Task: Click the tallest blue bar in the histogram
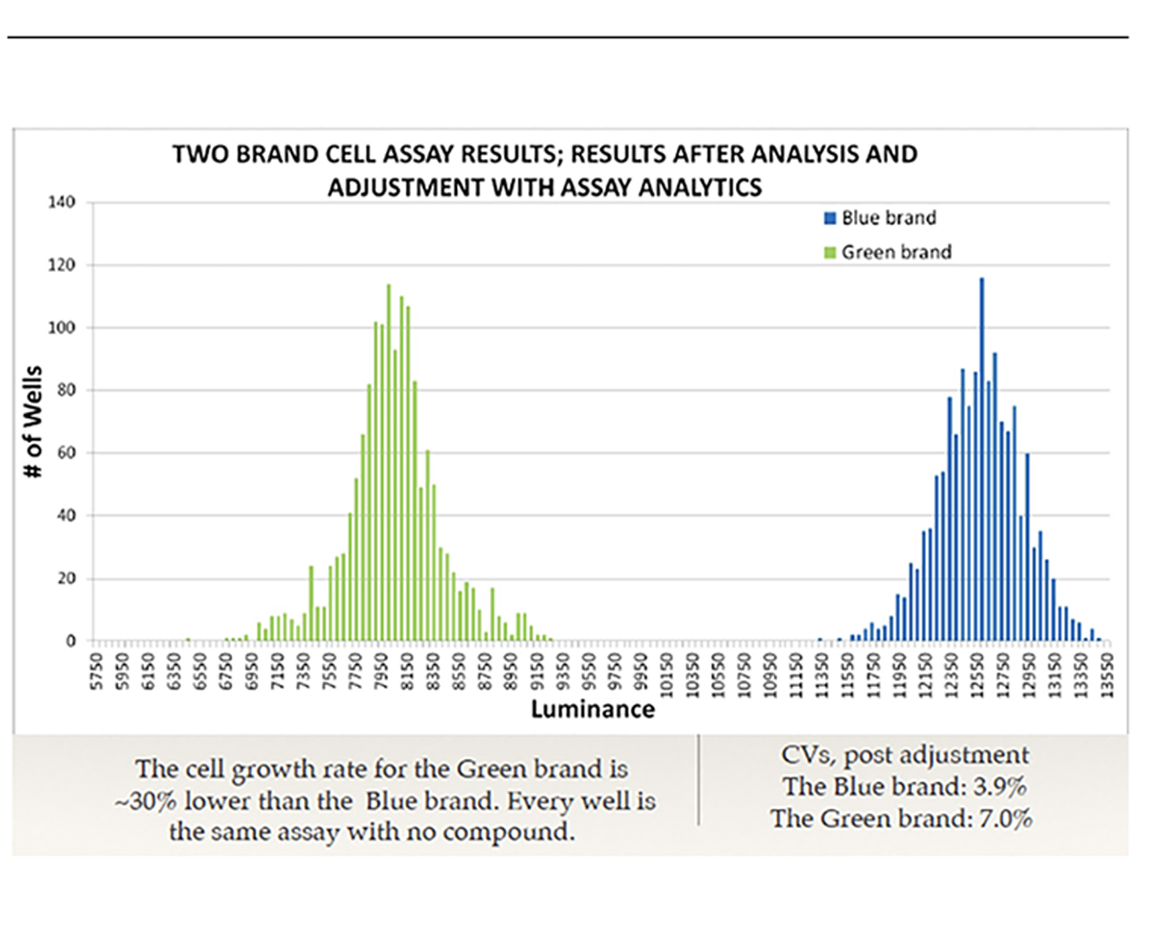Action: pos(982,460)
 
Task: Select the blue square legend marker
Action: pos(830,218)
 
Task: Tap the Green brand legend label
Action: pos(896,252)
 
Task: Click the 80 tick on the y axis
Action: pos(66,390)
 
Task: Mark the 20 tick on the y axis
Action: pos(66,579)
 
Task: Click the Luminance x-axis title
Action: pos(592,710)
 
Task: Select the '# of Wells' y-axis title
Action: pos(33,421)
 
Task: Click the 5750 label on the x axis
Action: pos(96,672)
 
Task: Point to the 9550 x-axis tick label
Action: pos(589,672)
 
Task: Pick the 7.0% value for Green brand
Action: pos(1005,818)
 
